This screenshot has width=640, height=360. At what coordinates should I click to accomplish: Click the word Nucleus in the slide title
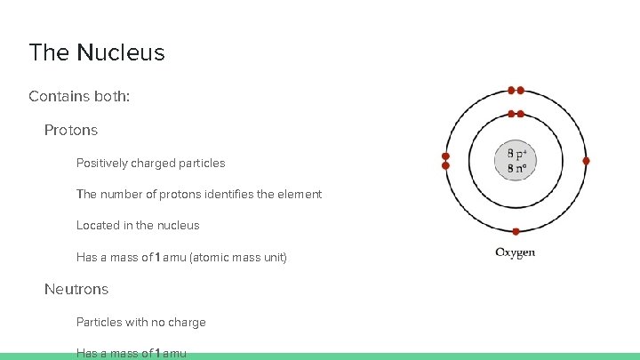(x=121, y=52)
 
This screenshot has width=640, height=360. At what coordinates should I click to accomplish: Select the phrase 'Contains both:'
(x=79, y=95)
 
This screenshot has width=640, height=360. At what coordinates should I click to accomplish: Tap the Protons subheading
(x=71, y=130)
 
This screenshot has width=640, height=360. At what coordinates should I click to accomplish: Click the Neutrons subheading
(x=76, y=289)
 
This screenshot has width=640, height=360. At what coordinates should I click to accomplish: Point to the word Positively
(x=102, y=164)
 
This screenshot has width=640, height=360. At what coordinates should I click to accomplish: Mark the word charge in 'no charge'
(x=188, y=322)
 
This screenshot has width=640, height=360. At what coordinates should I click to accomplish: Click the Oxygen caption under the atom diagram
(x=516, y=252)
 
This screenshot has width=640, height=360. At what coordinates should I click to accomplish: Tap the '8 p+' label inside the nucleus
(x=516, y=154)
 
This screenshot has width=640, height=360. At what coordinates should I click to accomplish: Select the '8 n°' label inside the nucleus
(x=516, y=167)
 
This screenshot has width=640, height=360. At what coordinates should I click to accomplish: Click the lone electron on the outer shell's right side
(x=586, y=161)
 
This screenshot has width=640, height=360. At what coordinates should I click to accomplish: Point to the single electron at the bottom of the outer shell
(x=516, y=231)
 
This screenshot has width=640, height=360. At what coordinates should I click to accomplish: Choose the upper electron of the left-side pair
(x=446, y=156)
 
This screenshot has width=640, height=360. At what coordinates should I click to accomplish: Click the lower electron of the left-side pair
(x=446, y=165)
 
